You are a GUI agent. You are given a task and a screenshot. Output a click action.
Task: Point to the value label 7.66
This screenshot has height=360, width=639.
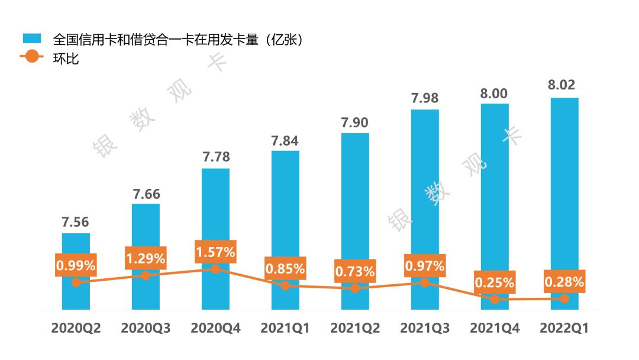pos(146,194)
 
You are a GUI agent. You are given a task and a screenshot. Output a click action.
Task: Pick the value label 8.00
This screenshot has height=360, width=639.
pos(495,93)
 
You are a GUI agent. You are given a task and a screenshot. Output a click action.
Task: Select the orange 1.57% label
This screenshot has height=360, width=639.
pos(215,252)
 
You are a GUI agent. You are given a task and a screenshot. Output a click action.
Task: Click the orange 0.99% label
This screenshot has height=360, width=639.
pos(76,265)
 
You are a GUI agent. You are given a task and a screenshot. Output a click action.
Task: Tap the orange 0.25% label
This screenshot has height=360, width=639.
pos(495,282)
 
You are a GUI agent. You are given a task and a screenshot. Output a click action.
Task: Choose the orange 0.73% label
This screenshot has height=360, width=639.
pos(355,272)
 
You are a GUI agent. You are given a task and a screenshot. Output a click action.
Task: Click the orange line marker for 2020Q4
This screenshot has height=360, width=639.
pos(215,269)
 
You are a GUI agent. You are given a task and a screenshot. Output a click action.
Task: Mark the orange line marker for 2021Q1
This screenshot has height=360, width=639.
pos(285,285)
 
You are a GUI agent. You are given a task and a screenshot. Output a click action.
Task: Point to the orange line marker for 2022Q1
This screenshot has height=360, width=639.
pos(564,299)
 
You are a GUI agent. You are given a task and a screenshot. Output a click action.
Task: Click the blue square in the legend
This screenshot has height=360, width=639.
pos(32,38)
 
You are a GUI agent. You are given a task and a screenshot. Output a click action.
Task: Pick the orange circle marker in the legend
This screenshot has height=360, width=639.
pos(32,57)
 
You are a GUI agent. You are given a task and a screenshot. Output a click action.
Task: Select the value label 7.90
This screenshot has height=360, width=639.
pos(355,123)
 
